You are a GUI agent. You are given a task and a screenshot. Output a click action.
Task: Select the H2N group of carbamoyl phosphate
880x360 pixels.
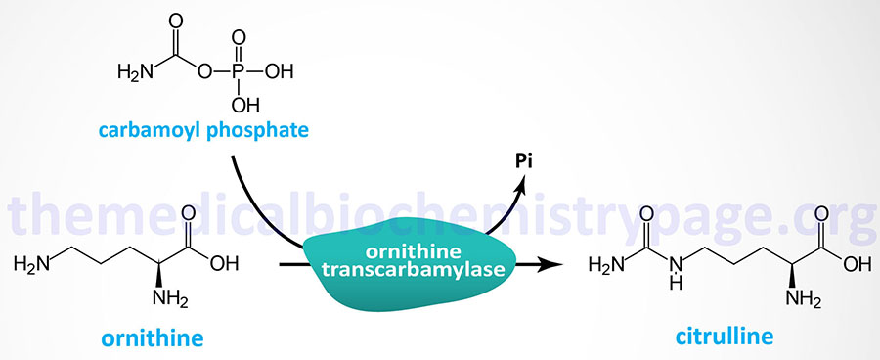[134, 71]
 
